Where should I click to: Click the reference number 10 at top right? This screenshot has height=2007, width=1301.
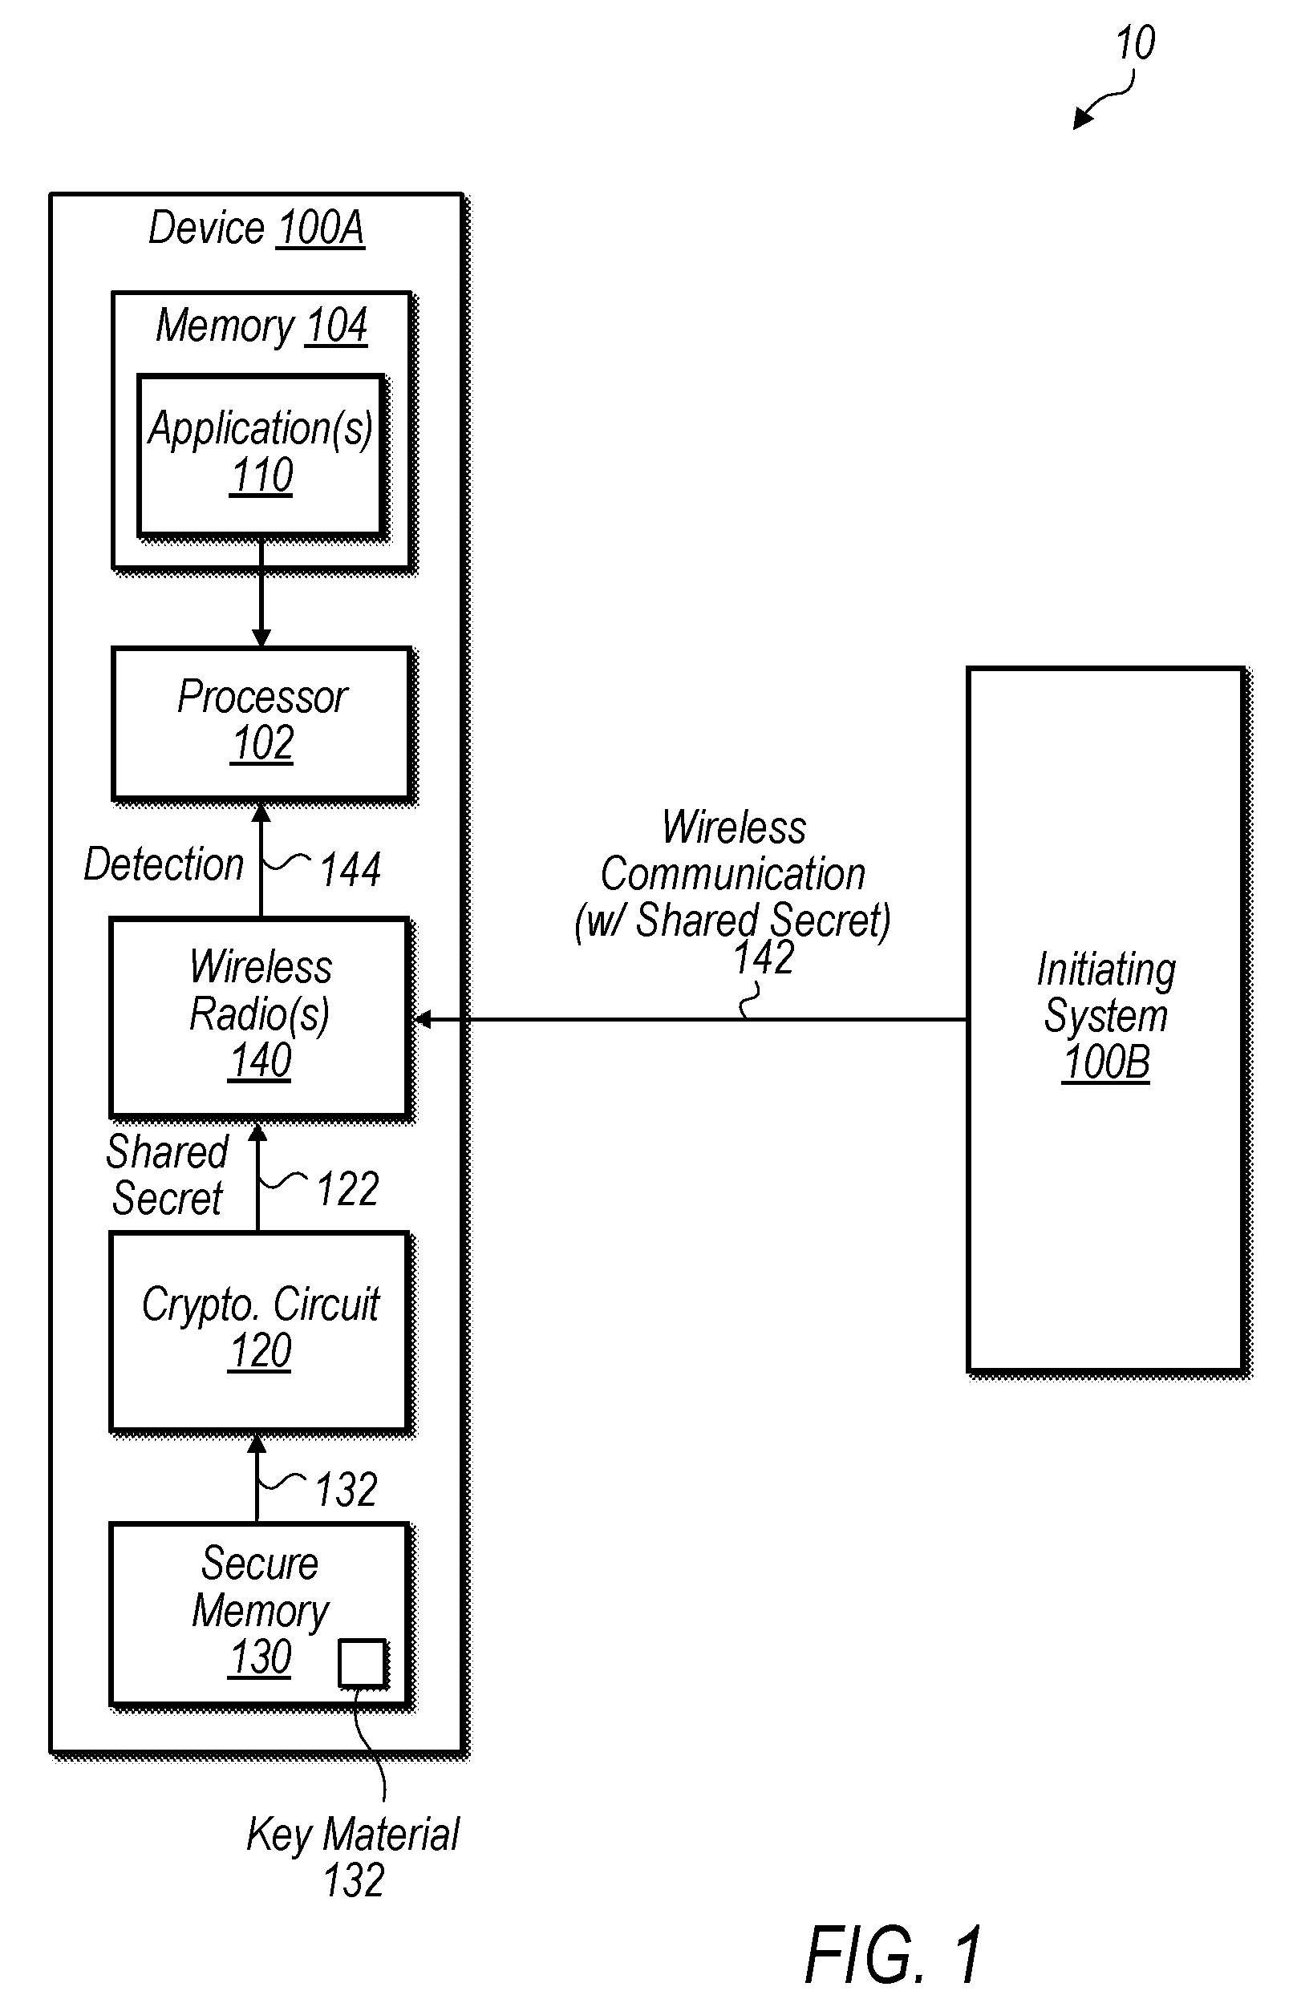(x=1135, y=43)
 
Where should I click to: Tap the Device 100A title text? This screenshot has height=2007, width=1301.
(x=257, y=228)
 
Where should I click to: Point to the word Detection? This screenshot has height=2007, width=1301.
(x=164, y=864)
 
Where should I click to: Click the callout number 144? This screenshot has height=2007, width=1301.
(x=351, y=869)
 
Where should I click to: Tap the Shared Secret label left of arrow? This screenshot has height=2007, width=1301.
(x=167, y=1175)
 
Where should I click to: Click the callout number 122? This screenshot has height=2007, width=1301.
(x=347, y=1189)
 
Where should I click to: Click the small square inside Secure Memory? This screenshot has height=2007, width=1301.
(x=363, y=1663)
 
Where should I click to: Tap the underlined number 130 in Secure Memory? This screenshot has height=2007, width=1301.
(x=261, y=1657)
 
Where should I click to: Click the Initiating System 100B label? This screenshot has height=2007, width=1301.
(x=1106, y=1015)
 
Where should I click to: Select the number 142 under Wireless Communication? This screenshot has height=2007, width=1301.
(x=764, y=958)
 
